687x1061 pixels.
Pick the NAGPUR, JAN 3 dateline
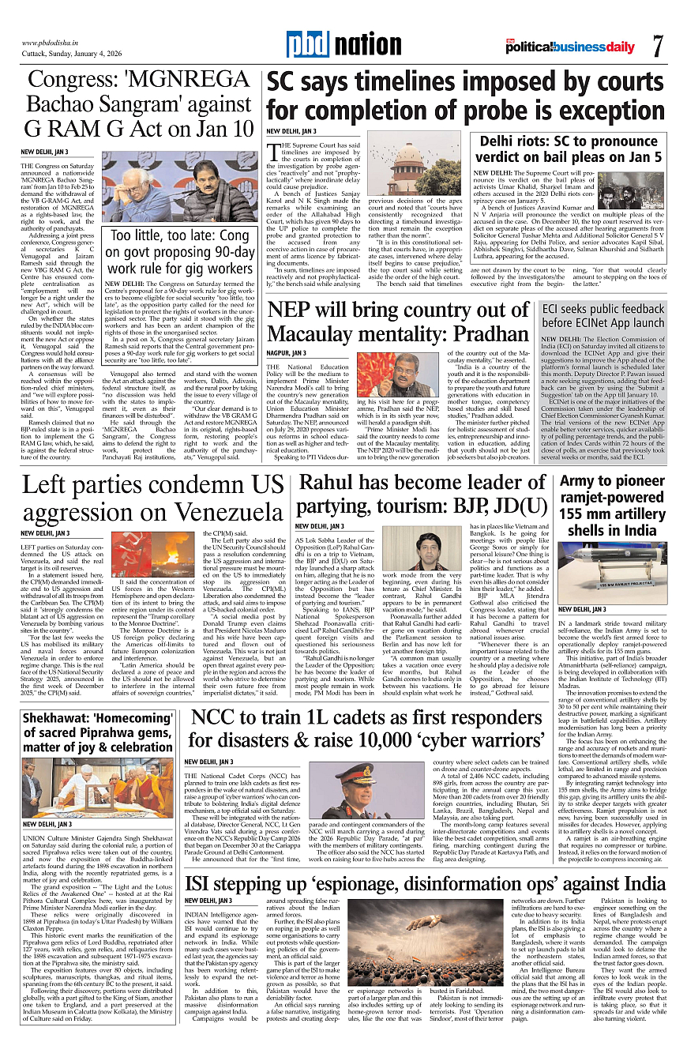286,352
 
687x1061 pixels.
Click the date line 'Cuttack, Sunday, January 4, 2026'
66,55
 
